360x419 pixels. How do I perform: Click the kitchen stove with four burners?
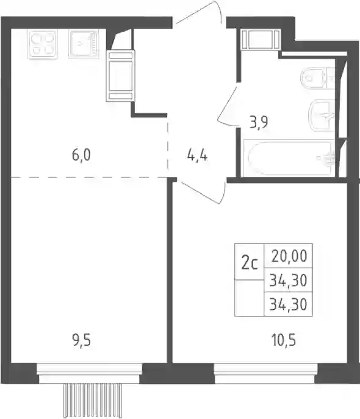[x=43, y=44]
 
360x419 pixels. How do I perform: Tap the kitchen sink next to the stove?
[x=84, y=44]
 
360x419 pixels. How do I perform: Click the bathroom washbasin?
[x=322, y=115]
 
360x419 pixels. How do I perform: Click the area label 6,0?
[x=81, y=155]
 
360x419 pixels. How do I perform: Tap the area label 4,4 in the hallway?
[x=197, y=156]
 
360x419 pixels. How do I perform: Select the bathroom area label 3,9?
[x=259, y=123]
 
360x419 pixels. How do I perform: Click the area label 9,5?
[x=82, y=342]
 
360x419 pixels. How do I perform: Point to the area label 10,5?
[x=284, y=342]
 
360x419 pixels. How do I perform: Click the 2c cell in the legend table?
[x=250, y=262]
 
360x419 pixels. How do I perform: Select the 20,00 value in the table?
[x=289, y=256]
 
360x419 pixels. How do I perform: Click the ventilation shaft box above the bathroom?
[x=260, y=39]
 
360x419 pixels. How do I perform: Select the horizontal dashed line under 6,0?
[x=89, y=177]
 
